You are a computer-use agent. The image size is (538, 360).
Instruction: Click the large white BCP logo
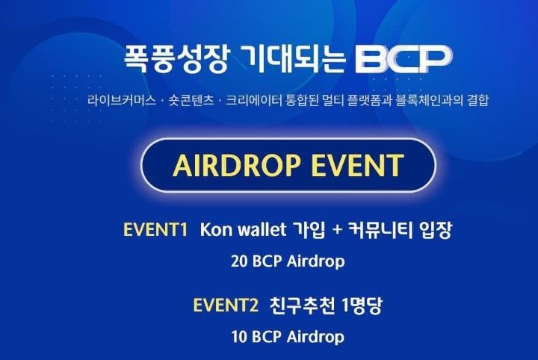[x=403, y=58]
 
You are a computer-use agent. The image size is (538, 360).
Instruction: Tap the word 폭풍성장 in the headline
[x=176, y=58]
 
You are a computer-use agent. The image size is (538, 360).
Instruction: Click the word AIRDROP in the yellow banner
[x=236, y=165]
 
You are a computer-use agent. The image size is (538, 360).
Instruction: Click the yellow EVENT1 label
[x=155, y=230]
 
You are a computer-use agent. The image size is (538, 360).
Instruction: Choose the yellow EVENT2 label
[x=226, y=305]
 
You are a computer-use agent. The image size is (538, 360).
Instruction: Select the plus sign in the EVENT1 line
[x=338, y=230]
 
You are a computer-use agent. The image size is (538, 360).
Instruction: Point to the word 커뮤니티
[x=380, y=230]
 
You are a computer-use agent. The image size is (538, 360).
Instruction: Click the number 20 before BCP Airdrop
[x=240, y=261]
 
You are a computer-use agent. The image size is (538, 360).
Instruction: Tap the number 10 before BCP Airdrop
[x=239, y=337]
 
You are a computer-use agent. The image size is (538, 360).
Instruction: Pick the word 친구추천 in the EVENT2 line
[x=302, y=305]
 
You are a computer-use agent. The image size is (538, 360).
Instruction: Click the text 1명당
[x=362, y=305]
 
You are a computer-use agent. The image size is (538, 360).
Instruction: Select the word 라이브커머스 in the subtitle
[x=122, y=101]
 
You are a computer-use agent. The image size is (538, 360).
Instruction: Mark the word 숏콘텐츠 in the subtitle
[x=191, y=101]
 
